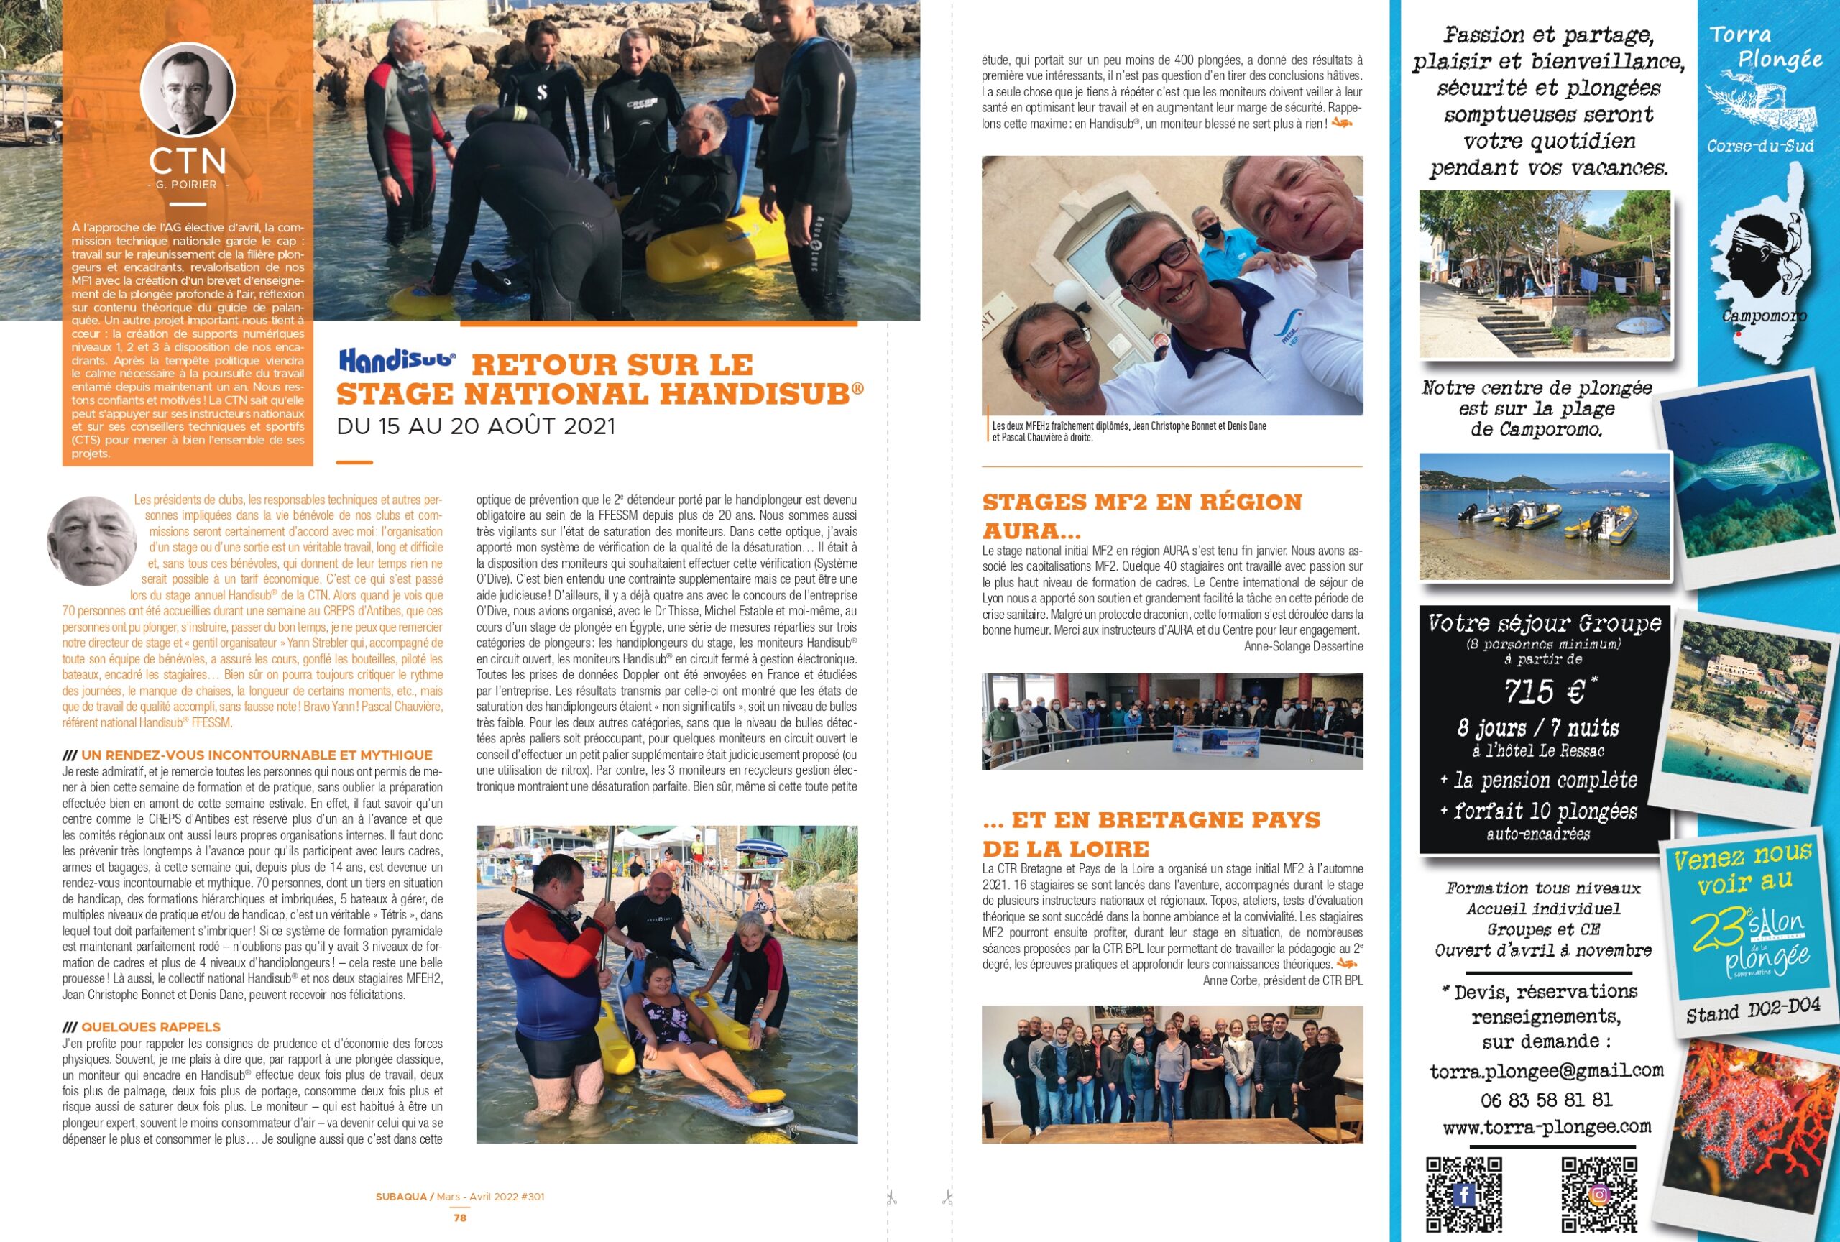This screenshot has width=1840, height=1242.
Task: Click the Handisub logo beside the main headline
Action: (397, 361)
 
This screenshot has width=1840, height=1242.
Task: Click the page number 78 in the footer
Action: (460, 1218)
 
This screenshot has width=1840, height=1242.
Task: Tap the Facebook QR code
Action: (1464, 1195)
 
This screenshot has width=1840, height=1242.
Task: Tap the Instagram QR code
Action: (1598, 1195)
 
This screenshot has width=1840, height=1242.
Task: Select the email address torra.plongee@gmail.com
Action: (1546, 1071)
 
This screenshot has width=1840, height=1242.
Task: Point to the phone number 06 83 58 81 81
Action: (1546, 1100)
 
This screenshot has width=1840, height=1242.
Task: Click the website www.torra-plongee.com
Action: (1546, 1126)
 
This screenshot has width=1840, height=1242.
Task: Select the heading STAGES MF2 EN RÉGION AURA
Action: (1141, 515)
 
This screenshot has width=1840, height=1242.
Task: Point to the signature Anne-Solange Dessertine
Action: (1303, 647)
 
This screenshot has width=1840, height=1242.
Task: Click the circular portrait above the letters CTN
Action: (188, 89)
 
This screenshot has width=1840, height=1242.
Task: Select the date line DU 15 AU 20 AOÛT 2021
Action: (476, 426)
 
